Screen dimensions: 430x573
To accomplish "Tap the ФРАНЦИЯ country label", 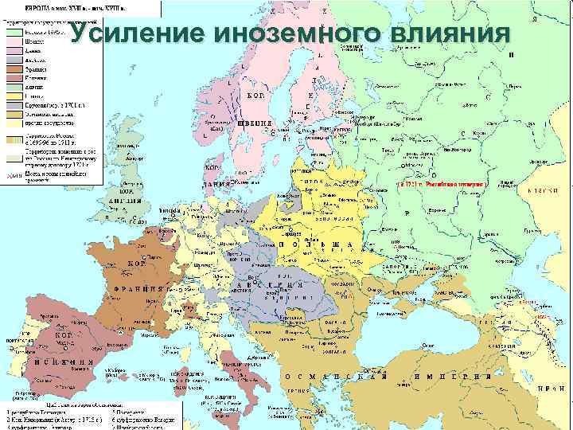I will [143, 287].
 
